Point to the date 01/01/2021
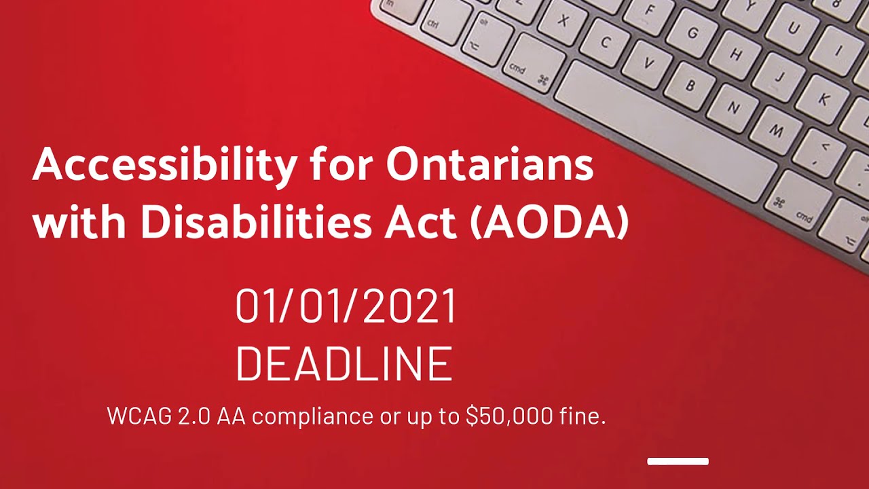346,307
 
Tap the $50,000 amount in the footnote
509,416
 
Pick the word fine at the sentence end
582,416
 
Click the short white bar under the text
678,462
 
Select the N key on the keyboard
733,106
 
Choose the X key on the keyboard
563,20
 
